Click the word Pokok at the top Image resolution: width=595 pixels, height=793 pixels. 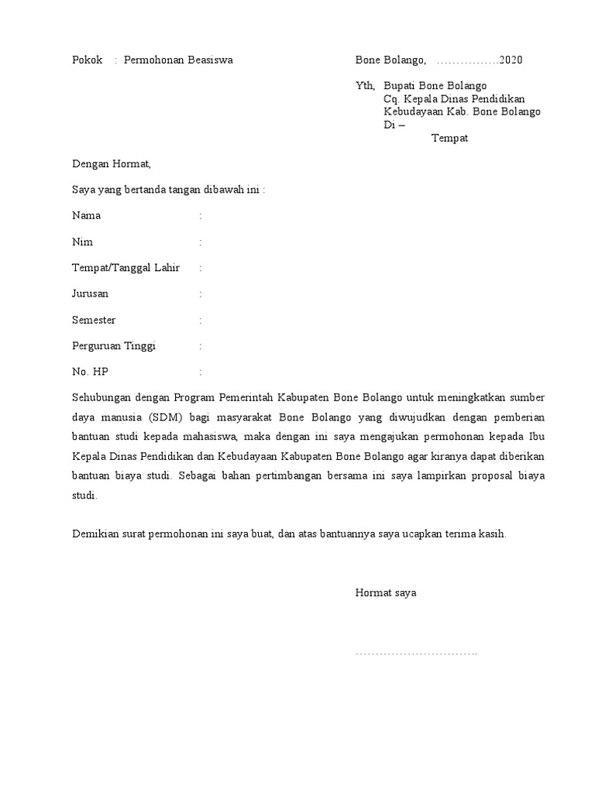[87, 60]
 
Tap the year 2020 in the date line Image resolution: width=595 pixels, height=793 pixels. [511, 60]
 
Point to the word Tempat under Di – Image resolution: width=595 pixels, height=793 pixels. [449, 139]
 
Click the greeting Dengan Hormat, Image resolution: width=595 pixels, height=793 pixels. [111, 164]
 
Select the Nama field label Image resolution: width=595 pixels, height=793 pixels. [86, 216]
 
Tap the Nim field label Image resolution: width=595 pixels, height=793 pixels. [82, 242]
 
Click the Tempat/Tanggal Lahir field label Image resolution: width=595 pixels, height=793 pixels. [126, 268]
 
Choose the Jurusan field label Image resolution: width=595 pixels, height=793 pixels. [90, 294]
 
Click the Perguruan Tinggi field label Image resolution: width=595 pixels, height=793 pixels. [114, 346]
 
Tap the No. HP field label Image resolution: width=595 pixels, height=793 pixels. [90, 372]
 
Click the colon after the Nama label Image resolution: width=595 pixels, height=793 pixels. [201, 216]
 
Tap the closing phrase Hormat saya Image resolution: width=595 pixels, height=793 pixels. [386, 593]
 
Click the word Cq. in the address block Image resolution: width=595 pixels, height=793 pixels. [390, 99]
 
